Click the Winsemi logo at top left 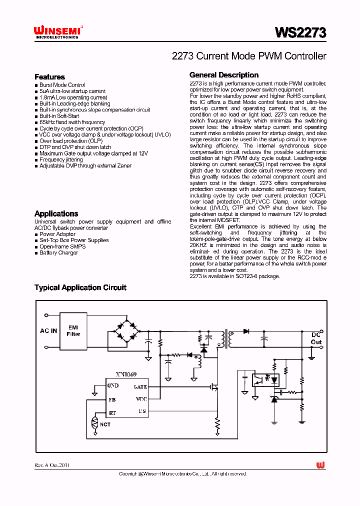(58, 32)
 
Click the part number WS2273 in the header (300, 33)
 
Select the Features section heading (49, 77)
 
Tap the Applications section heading (56, 213)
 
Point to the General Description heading (224, 75)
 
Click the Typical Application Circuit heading (80, 287)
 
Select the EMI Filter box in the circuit (73, 330)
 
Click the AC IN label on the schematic (48, 331)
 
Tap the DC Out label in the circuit (316, 338)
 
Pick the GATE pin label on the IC (140, 386)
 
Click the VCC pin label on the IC (141, 399)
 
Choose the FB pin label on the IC (112, 400)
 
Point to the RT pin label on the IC (112, 413)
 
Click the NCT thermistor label (105, 424)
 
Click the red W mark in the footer (320, 465)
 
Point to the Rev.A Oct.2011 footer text (52, 465)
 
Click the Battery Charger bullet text (59, 253)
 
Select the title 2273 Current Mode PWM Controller (248, 56)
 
